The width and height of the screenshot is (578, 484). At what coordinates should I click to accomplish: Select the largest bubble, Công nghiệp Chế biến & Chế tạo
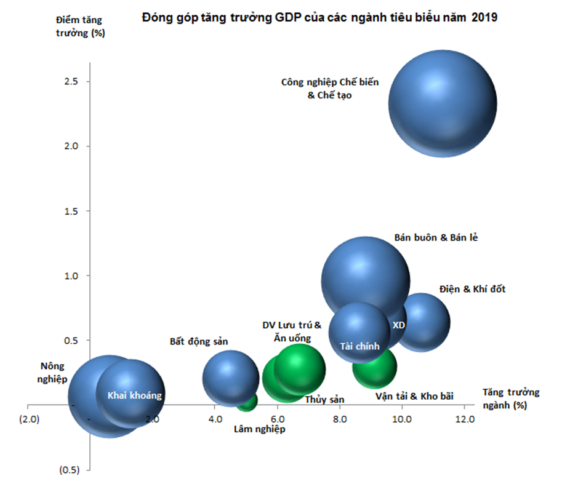442,103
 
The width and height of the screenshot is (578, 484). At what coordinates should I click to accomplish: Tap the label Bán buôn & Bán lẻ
435,238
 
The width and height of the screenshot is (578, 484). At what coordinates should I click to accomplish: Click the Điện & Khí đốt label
472,288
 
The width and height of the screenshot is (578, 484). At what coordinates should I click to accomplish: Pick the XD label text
398,325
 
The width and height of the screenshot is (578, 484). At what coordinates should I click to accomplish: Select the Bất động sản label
199,341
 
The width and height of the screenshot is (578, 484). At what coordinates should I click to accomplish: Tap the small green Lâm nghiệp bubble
247,401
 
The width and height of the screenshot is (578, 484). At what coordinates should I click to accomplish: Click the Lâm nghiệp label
259,429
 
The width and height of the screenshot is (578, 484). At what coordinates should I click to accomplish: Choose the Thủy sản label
324,399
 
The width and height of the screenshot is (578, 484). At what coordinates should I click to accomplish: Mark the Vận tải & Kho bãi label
414,396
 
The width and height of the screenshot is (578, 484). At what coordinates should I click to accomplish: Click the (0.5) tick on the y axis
70,470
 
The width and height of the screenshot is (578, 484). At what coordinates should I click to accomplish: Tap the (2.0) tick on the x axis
29,419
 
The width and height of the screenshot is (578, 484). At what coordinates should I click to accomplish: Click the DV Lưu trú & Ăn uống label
291,331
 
